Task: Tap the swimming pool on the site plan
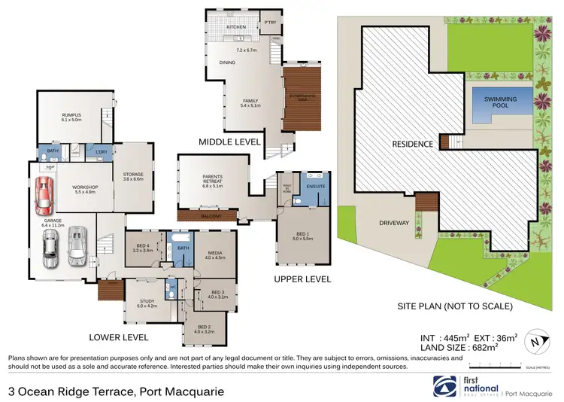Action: pyautogui.click(x=496, y=102)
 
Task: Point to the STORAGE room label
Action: pyautogui.click(x=133, y=175)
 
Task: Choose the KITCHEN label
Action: pyautogui.click(x=237, y=28)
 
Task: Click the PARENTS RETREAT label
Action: pyautogui.click(x=211, y=178)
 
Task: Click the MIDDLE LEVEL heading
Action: pyautogui.click(x=229, y=142)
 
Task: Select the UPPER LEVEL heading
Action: pyautogui.click(x=305, y=279)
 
